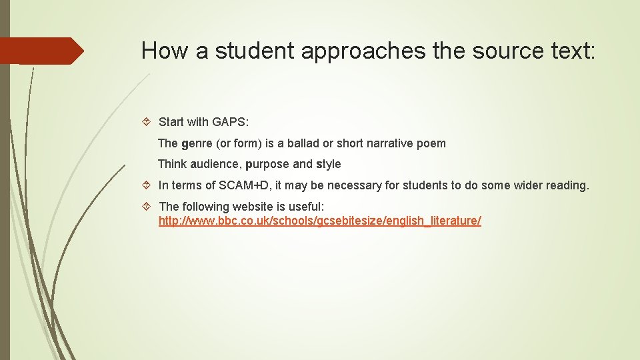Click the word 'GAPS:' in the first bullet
pyautogui.click(x=231, y=121)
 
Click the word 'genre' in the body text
pyautogui.click(x=196, y=143)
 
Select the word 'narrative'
pyautogui.click(x=392, y=143)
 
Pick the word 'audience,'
pyautogui.click(x=215, y=164)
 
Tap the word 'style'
pyautogui.click(x=328, y=164)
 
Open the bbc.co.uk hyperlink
pyautogui.click(x=319, y=221)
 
